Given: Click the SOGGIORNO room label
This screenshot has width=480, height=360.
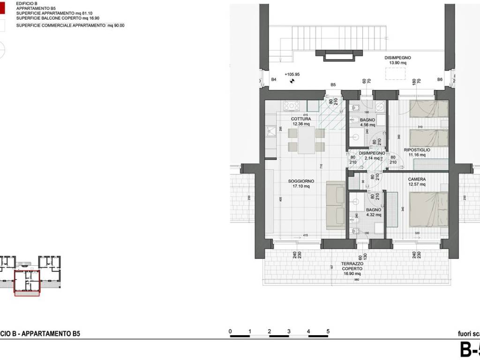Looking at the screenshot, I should pyautogui.click(x=301, y=183).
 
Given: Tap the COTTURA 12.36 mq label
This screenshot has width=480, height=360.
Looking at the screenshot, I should pyautogui.click(x=301, y=121).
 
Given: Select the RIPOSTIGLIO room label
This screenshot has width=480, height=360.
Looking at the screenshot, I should pyautogui.click(x=417, y=152).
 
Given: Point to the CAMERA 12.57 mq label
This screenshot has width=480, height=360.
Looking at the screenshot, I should pyautogui.click(x=417, y=181).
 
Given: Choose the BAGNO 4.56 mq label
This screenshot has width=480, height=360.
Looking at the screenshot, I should pyautogui.click(x=367, y=122).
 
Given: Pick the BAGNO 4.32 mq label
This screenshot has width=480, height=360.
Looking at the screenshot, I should pyautogui.click(x=374, y=212).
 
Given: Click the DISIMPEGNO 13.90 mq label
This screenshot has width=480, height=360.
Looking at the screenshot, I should pyautogui.click(x=398, y=60).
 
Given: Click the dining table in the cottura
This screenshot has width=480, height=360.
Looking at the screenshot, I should pyautogui.click(x=306, y=140).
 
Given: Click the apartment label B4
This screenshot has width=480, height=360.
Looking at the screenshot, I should pyautogui.click(x=274, y=80).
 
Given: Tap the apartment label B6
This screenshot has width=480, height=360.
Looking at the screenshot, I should pyautogui.click(x=440, y=80).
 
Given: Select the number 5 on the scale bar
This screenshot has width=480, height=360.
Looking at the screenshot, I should pyautogui.click(x=328, y=331).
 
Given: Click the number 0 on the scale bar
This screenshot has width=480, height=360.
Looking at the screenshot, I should pyautogui.click(x=230, y=331).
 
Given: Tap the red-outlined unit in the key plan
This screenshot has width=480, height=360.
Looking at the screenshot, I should pyautogui.click(x=28, y=283).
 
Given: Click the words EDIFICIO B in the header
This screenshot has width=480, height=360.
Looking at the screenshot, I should pyautogui.click(x=27, y=3).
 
